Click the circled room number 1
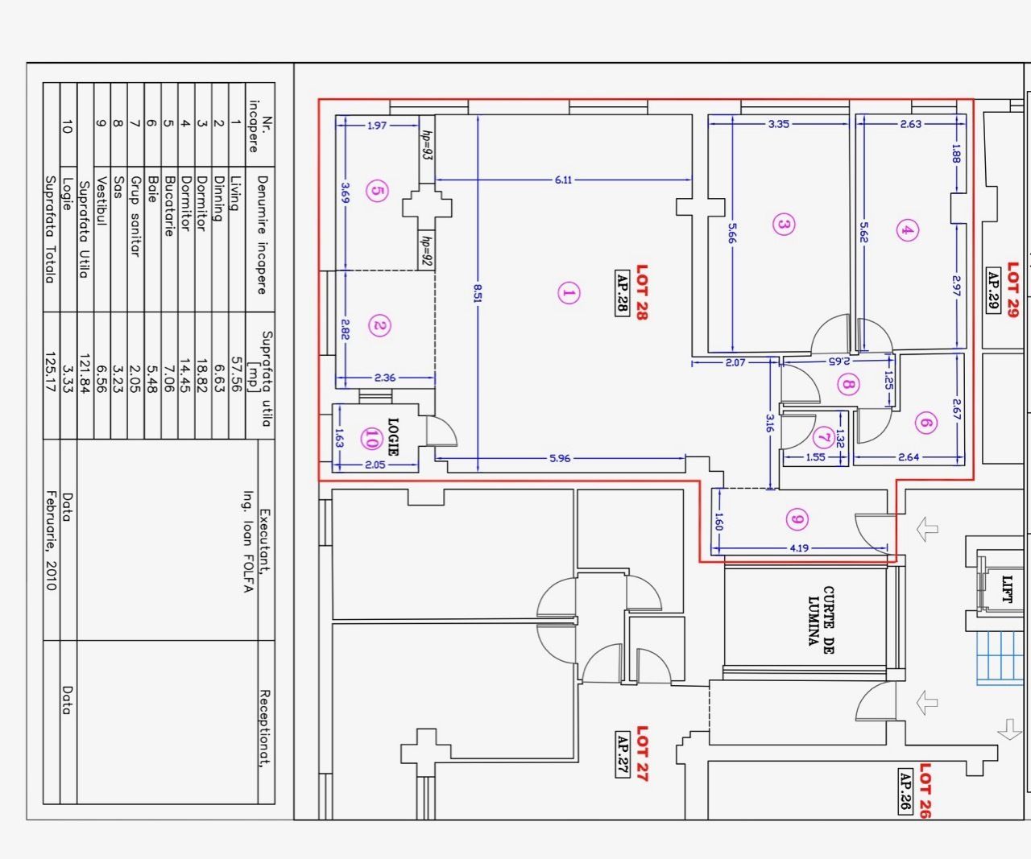[569, 293]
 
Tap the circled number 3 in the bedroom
[783, 224]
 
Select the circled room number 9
[797, 519]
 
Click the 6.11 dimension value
[563, 180]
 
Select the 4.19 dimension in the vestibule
[798, 548]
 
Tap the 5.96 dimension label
[560, 458]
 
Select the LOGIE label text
[393, 436]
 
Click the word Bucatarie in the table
[168, 206]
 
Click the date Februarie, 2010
[51, 540]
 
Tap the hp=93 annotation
[426, 144]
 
